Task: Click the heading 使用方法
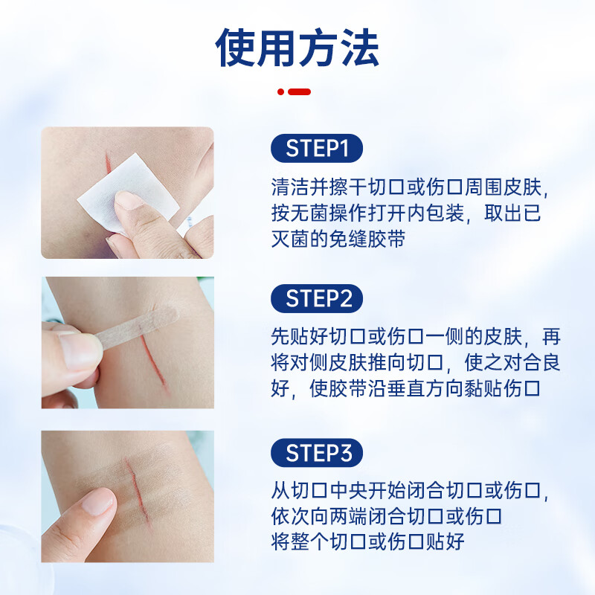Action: coord(297,48)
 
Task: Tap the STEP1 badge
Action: coord(317,148)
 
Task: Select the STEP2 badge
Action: coord(317,298)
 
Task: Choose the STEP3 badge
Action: coord(317,453)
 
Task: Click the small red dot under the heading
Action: coord(280,91)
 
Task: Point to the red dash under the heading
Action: coord(300,91)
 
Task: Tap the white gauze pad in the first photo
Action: coord(127,192)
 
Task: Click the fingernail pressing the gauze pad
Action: coord(128,200)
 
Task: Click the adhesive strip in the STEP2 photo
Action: coord(138,327)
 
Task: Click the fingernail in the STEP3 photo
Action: coord(98,501)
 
